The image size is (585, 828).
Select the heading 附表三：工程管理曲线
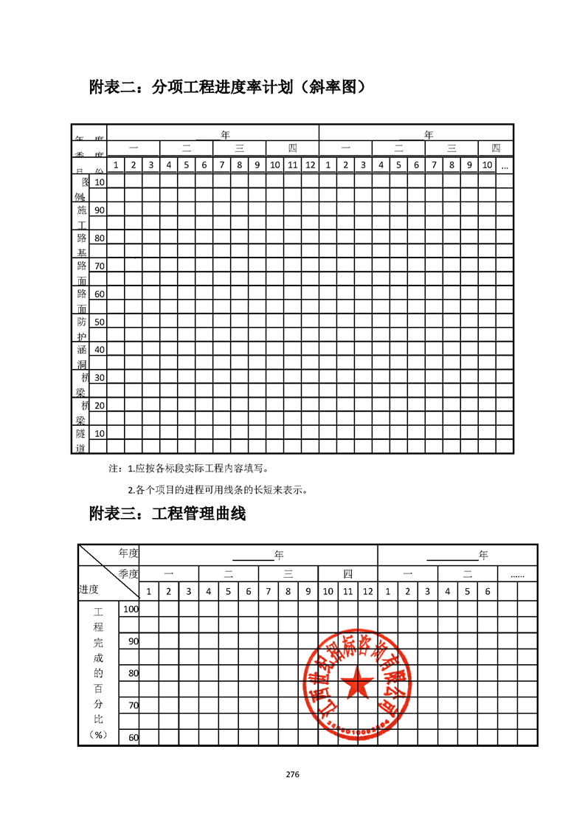(x=167, y=514)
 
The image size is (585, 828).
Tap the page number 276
(x=292, y=774)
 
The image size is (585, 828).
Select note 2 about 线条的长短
(x=217, y=489)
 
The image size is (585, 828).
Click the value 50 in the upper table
(x=99, y=322)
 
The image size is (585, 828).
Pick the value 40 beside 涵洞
(x=99, y=350)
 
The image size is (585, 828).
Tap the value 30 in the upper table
(x=99, y=378)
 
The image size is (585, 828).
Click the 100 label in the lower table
(x=131, y=609)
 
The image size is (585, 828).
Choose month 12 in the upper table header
(x=310, y=165)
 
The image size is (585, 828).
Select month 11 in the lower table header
(x=347, y=591)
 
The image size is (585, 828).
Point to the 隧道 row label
(x=80, y=441)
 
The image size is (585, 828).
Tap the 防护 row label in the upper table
(x=80, y=328)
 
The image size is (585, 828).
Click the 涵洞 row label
(x=80, y=356)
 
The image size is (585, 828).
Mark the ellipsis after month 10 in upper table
(x=505, y=165)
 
